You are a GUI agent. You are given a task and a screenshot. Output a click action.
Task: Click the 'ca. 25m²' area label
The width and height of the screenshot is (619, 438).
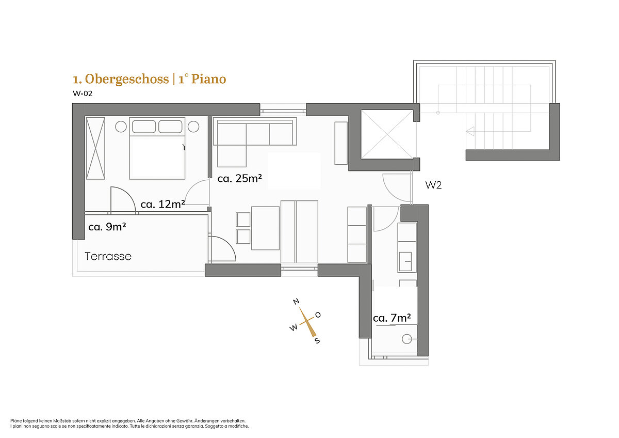click(239, 179)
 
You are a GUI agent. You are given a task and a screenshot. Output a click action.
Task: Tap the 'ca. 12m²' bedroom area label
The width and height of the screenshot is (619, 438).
click(163, 204)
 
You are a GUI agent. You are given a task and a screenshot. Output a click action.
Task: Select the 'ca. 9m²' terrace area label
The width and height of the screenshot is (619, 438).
click(107, 227)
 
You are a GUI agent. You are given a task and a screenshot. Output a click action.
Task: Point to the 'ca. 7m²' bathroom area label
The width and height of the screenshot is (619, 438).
click(392, 318)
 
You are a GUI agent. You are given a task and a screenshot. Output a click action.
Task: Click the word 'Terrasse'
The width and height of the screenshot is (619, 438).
click(108, 256)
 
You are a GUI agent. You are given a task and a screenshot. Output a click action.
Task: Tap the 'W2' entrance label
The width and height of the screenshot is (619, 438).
click(433, 185)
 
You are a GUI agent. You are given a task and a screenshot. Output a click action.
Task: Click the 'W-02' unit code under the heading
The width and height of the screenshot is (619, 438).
click(83, 93)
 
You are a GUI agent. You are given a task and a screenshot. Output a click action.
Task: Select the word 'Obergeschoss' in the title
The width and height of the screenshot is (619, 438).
click(127, 79)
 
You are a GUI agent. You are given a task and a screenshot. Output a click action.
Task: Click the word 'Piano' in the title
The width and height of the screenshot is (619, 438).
click(208, 79)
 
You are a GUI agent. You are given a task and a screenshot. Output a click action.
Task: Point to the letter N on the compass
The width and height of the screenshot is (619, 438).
click(296, 301)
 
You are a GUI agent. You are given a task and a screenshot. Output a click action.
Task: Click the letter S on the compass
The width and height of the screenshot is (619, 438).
click(318, 340)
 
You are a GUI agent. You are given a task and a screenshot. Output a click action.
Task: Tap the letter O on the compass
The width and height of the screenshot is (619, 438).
click(318, 315)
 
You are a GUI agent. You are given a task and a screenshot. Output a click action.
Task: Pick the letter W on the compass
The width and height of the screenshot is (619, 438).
click(294, 327)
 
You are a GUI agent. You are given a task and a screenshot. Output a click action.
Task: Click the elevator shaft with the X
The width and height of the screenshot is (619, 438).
click(387, 134)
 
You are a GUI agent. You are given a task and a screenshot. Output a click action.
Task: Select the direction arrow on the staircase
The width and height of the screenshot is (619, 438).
click(470, 131)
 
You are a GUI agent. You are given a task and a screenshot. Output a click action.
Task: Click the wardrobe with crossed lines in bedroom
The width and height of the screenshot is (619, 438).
click(95, 148)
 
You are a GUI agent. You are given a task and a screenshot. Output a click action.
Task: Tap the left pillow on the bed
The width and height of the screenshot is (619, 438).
click(144, 127)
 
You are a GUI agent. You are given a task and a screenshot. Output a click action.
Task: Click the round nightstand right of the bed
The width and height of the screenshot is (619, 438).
click(193, 127)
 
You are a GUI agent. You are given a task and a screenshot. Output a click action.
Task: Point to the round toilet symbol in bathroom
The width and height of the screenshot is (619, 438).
click(407, 339)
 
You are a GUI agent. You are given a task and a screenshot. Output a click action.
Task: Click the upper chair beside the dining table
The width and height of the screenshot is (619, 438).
click(243, 220)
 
